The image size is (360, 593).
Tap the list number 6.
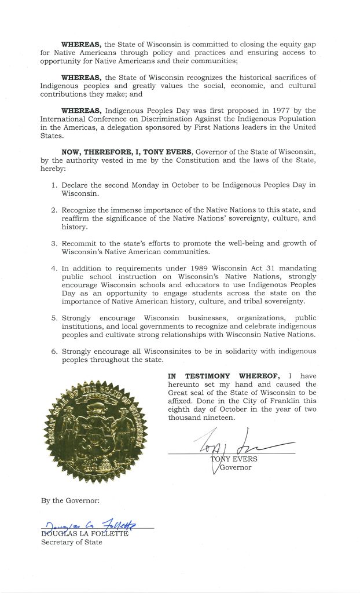pos(53,352)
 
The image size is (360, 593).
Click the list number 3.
pos(53,244)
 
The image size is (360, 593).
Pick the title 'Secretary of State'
pos(71,542)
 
